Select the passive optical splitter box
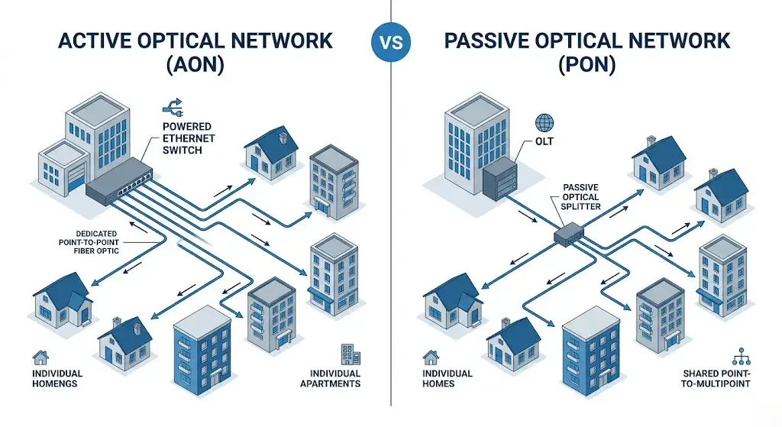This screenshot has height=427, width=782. pyautogui.click(x=568, y=234)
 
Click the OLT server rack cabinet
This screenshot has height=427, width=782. pyautogui.click(x=501, y=177)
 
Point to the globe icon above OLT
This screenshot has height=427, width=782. pyautogui.click(x=544, y=122)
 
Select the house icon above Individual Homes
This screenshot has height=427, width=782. pyautogui.click(x=431, y=357)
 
